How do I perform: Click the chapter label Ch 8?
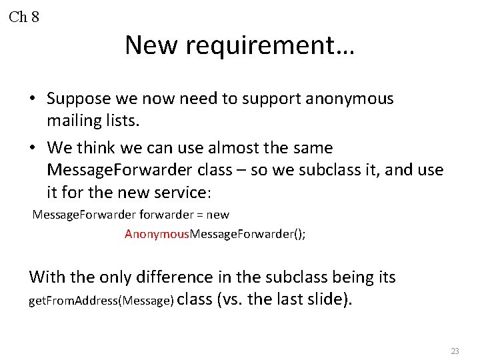tap(24, 17)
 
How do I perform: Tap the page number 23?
tap(455, 351)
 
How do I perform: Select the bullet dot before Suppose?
tap(32, 99)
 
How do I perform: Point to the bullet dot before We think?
tap(32, 148)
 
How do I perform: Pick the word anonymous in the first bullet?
tap(350, 99)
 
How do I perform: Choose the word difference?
tap(169, 277)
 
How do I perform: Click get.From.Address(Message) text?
tap(101, 301)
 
